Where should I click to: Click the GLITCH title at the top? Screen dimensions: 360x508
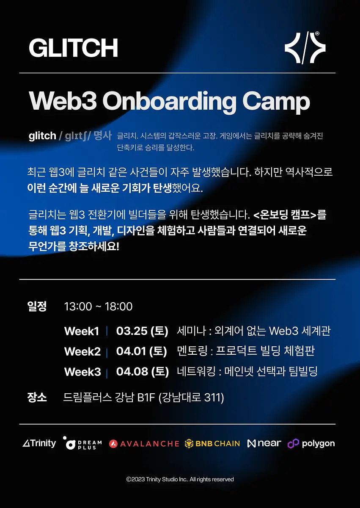pos(73,47)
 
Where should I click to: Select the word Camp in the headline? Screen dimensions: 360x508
pos(276,102)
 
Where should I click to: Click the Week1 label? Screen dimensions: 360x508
pos(82,331)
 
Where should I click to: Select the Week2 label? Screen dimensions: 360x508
pos(82,352)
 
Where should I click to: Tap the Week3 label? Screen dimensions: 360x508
pos(82,372)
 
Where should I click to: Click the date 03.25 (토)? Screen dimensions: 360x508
pos(142,331)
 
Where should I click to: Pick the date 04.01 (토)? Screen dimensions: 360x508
pos(142,351)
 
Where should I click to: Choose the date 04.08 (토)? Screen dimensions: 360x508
pos(143,372)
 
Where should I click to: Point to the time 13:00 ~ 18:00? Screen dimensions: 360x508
pos(98,306)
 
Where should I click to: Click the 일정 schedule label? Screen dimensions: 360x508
pos(37,306)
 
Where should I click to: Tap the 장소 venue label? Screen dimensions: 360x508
pos(37,398)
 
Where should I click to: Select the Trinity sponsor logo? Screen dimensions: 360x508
pos(39,443)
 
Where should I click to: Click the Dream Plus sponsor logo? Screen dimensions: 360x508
pos(82,443)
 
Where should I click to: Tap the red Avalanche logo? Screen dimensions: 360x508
pos(144,444)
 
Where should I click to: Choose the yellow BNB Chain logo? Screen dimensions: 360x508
pos(212,444)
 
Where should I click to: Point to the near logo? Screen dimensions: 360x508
pos(264,443)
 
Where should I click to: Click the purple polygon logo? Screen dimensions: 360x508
pos(311,444)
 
